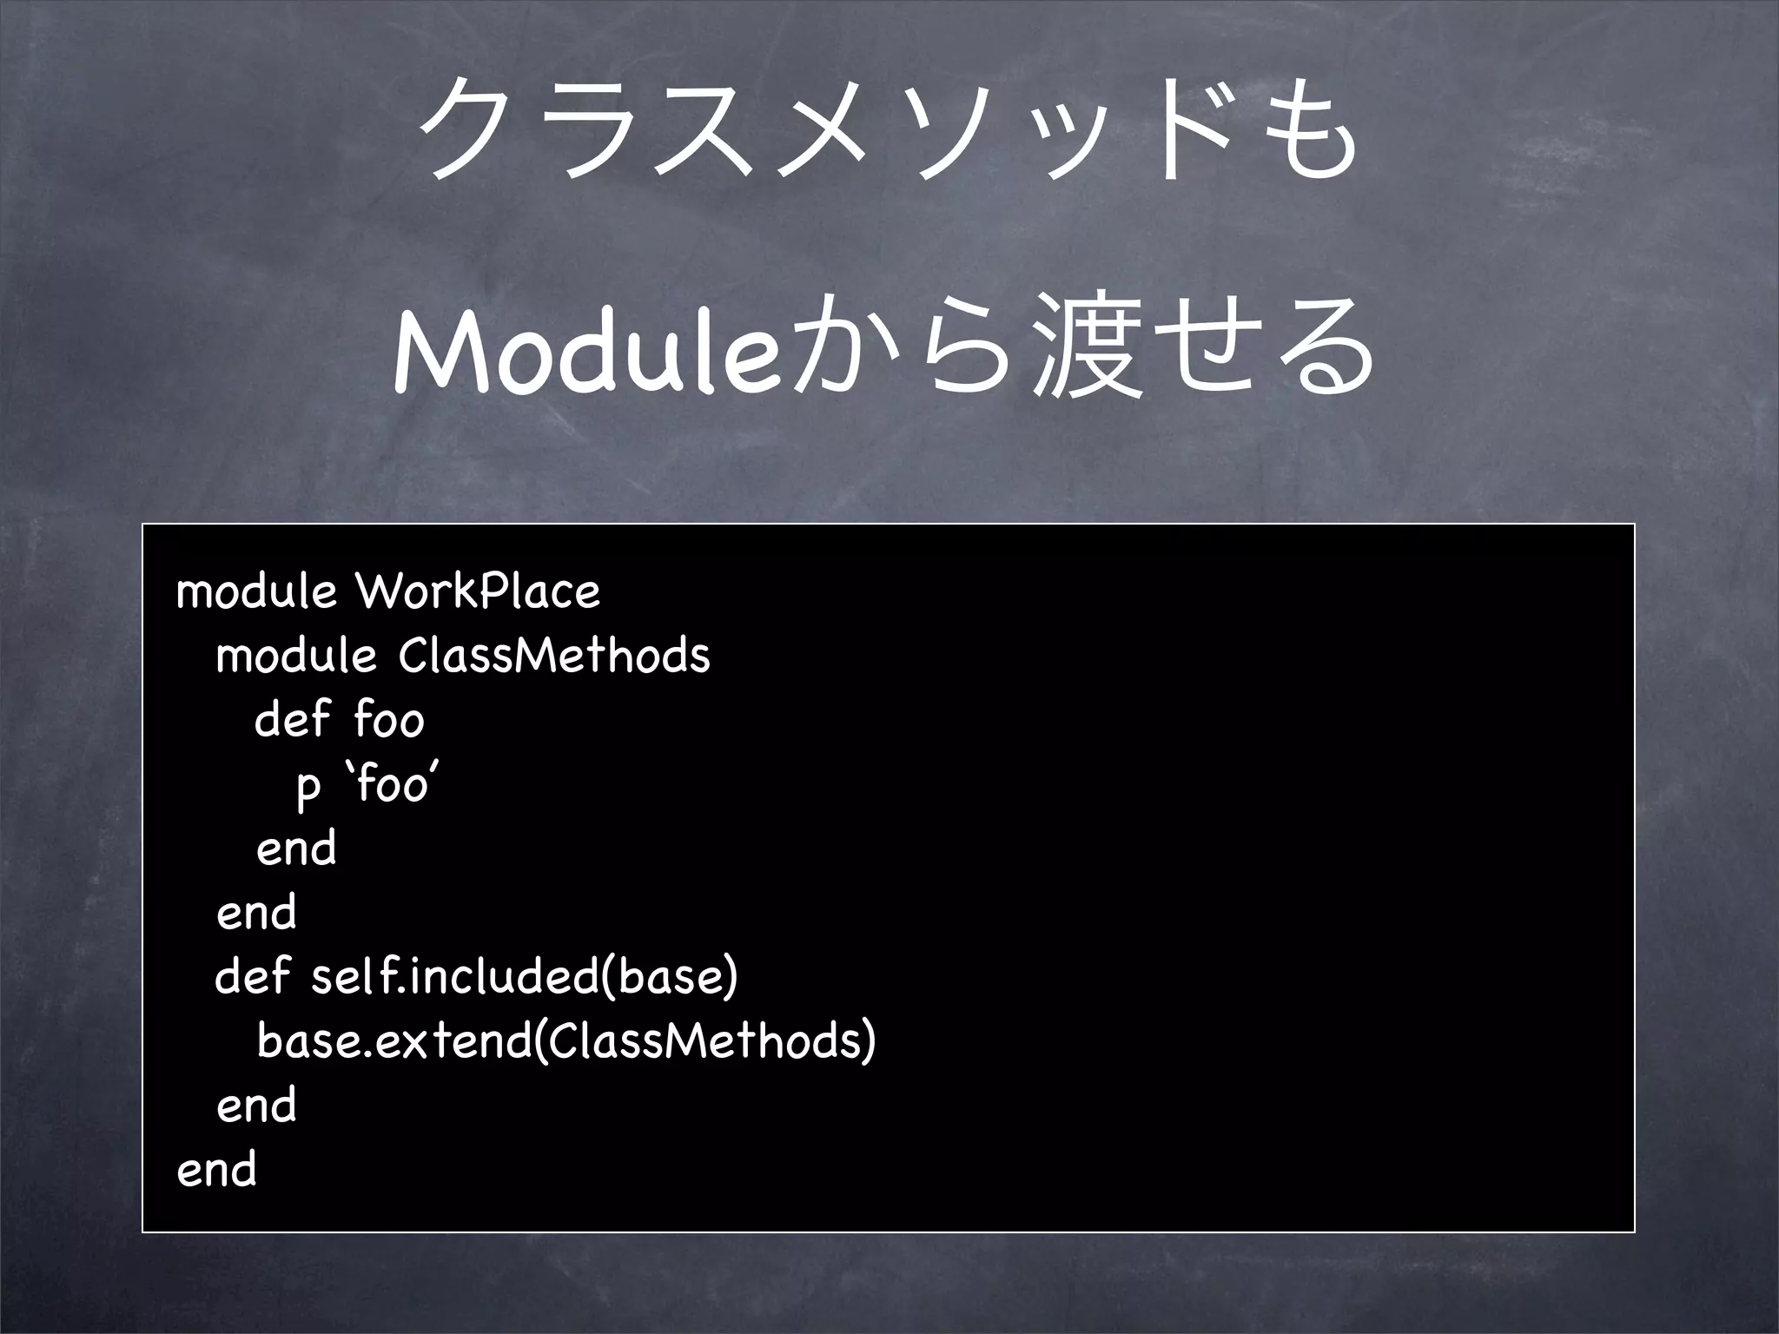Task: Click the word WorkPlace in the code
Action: click(478, 592)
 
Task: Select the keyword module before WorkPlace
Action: click(256, 592)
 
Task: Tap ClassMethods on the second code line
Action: click(554, 656)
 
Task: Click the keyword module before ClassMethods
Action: click(296, 656)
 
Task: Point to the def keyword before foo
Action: click(292, 720)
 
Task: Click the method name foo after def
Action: click(389, 720)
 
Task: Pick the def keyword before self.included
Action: click(252, 976)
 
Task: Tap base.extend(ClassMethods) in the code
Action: click(566, 1040)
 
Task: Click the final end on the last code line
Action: click(216, 1169)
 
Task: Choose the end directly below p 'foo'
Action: click(296, 849)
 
